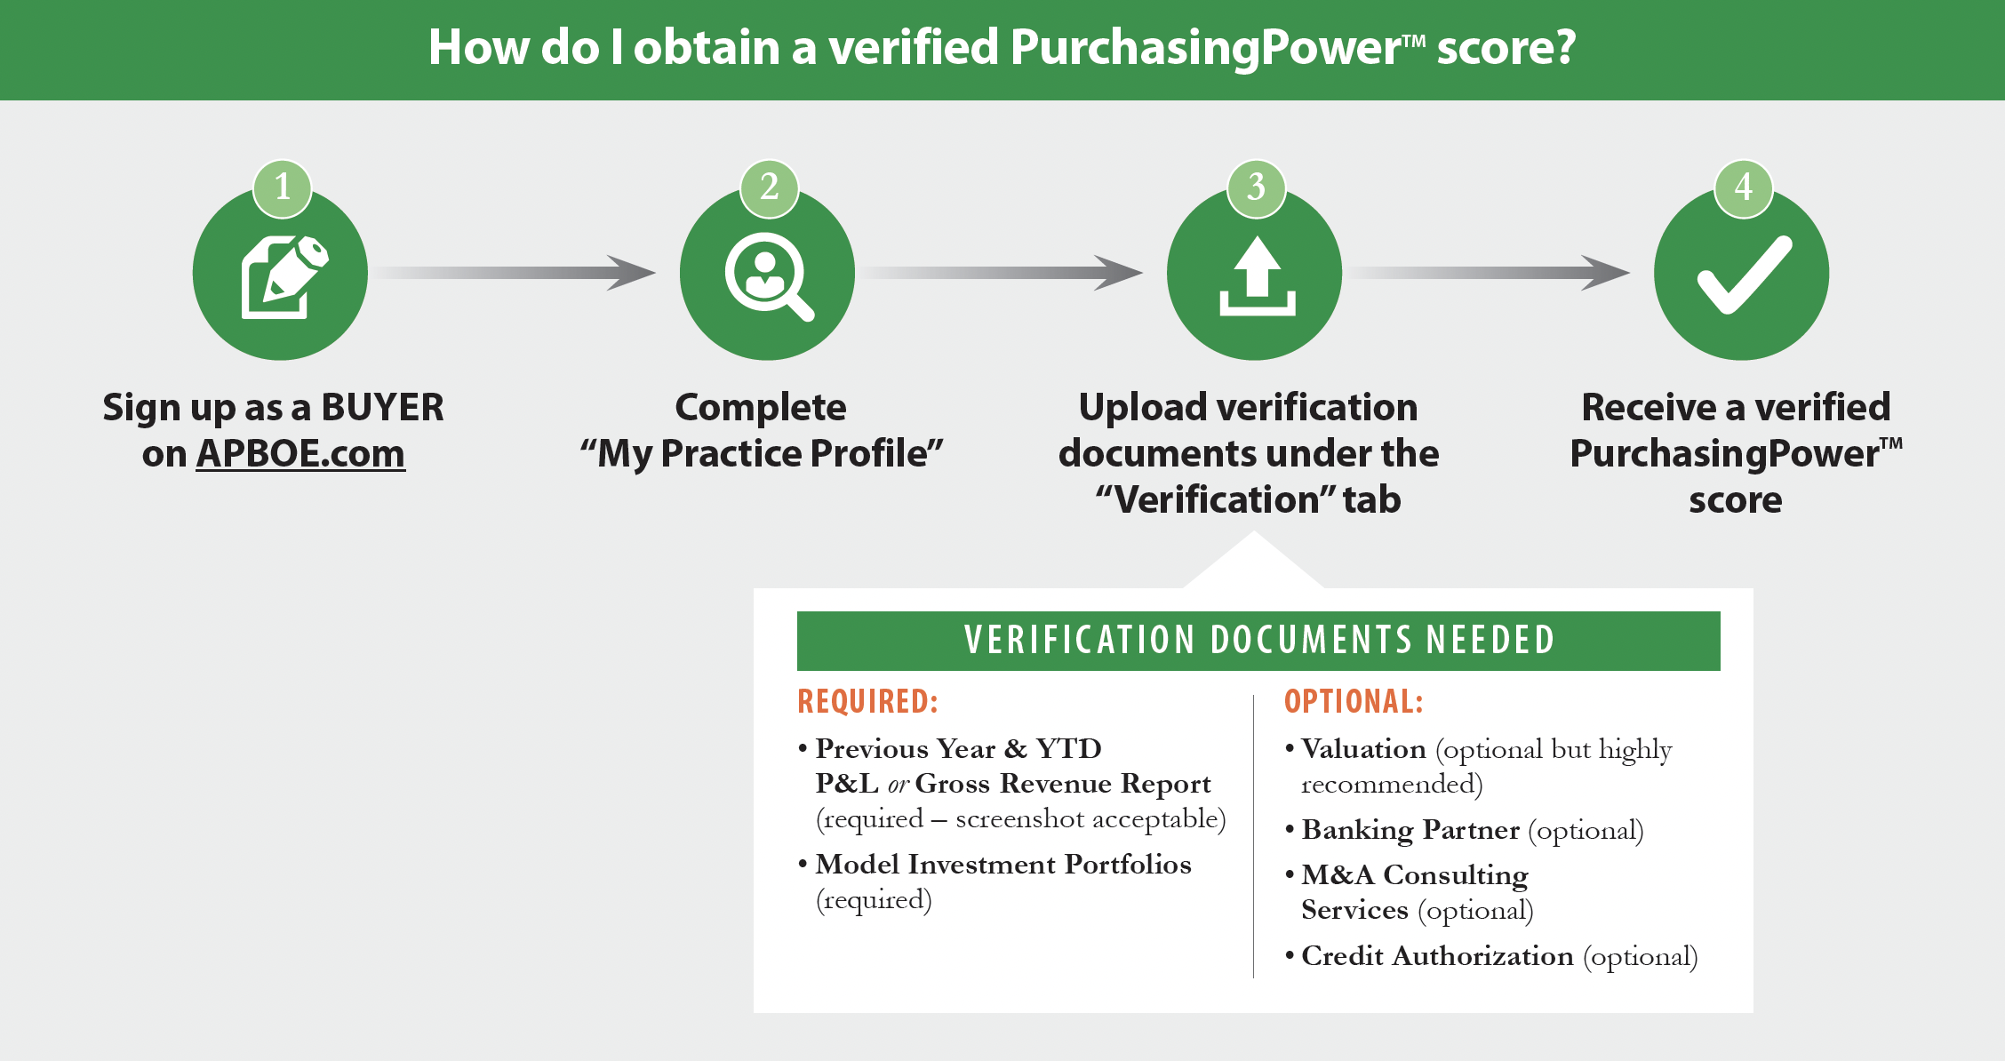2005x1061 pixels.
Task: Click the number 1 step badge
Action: click(282, 187)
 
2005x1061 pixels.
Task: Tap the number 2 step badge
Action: click(770, 187)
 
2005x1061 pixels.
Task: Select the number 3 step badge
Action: click(1256, 187)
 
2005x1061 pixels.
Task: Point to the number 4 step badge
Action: click(1743, 187)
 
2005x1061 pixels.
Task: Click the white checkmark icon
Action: click(1744, 275)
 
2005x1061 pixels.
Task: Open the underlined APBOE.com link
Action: click(300, 453)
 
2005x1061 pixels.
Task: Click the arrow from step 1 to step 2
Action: click(513, 273)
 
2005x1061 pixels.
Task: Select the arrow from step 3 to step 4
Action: click(1488, 273)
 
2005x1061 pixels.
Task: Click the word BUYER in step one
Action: click(382, 407)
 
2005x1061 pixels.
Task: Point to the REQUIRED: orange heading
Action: click(867, 701)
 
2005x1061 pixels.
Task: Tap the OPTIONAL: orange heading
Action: click(1354, 701)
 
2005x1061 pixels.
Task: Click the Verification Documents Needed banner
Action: click(1258, 641)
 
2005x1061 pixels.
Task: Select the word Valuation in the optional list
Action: click(1363, 748)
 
